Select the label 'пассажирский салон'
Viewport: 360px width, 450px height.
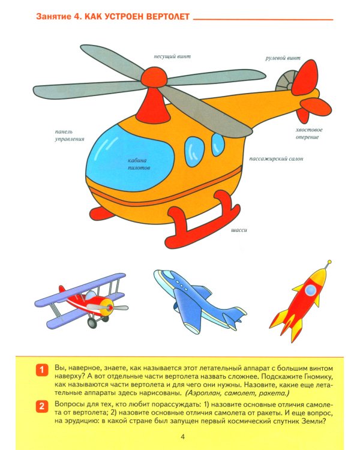[276, 160]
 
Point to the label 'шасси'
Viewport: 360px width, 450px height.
[239, 230]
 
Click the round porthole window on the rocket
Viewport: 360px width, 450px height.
[310, 290]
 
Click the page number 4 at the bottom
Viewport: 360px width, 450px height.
[183, 436]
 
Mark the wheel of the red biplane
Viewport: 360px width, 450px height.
[92, 323]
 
